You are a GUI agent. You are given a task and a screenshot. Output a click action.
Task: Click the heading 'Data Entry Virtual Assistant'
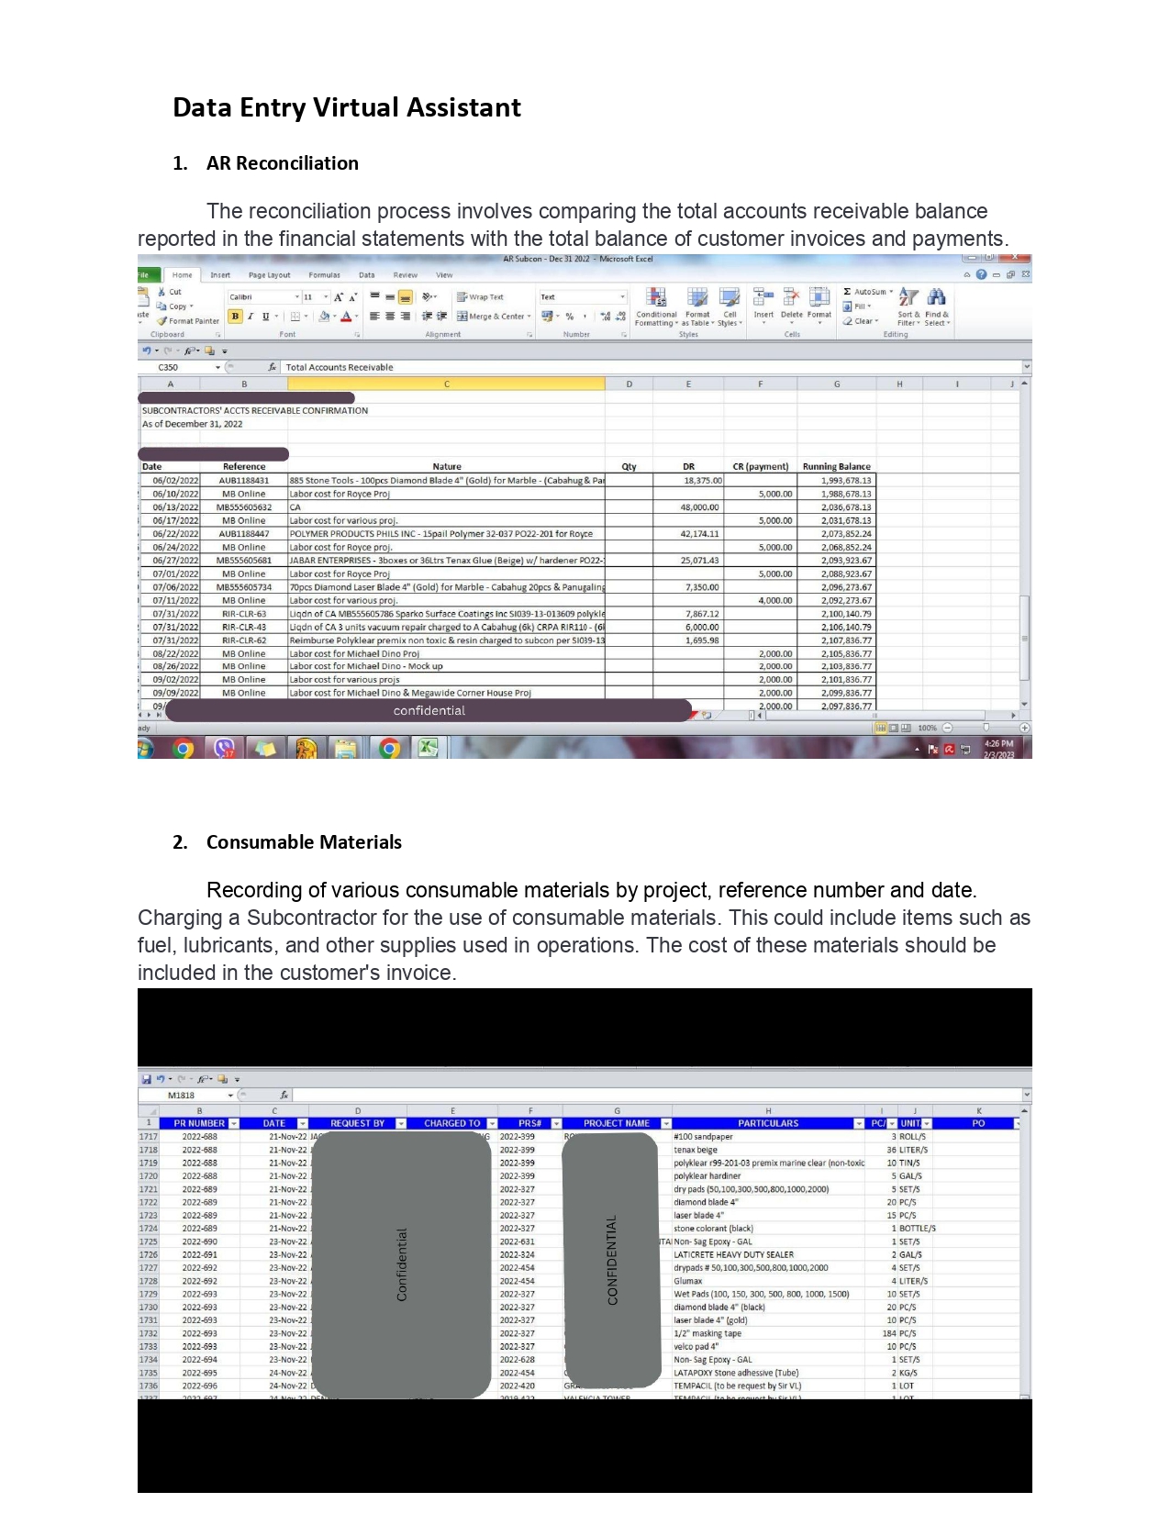coord(347,108)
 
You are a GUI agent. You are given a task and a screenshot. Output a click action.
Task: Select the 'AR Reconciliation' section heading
coord(282,163)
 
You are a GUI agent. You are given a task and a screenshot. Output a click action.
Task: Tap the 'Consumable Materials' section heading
coord(304,842)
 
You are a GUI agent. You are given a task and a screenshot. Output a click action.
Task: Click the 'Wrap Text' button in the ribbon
coord(481,297)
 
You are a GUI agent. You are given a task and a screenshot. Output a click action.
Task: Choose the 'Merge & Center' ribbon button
coord(495,317)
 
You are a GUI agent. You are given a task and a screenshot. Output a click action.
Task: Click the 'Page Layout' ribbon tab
coord(269,275)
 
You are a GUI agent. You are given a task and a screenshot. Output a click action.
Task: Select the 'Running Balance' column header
coord(836,466)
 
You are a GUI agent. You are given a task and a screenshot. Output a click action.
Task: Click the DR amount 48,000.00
coord(699,507)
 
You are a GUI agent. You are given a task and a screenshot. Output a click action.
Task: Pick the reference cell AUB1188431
coord(244,481)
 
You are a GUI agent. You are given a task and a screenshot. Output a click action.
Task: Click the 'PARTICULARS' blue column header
coord(768,1123)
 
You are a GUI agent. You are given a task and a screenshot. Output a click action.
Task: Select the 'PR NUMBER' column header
coord(199,1123)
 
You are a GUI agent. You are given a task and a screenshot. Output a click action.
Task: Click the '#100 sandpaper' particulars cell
coord(704,1137)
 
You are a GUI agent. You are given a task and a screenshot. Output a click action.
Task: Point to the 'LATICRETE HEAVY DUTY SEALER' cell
coord(734,1254)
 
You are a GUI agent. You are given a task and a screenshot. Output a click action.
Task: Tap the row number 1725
coord(148,1241)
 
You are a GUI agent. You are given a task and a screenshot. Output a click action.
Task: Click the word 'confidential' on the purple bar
coord(429,711)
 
